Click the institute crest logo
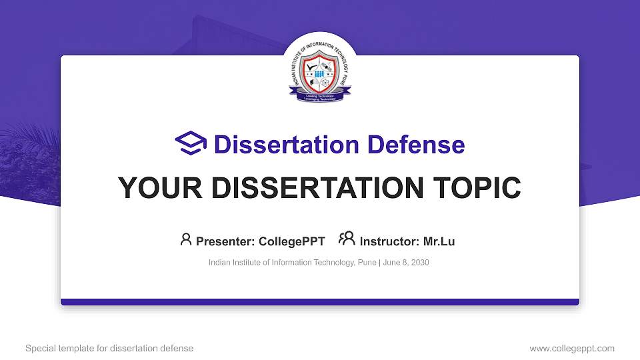coord(319,70)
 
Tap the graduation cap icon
coord(191,144)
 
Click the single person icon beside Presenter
coord(186,239)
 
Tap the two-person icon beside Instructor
coord(347,239)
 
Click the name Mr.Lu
coord(439,241)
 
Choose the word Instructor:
coord(389,241)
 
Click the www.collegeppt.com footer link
coord(571,348)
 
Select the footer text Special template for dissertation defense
coord(109,348)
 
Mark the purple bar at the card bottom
coord(319,302)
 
